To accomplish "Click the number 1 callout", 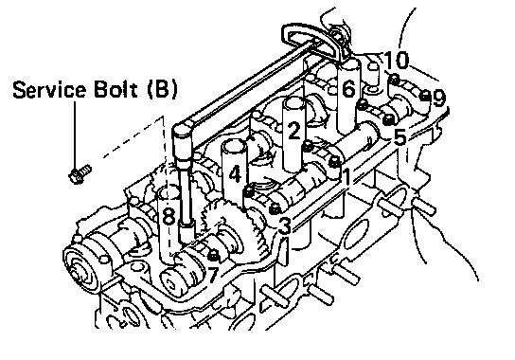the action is (x=346, y=176).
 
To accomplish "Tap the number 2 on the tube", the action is (x=294, y=130).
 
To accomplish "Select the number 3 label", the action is (x=284, y=225).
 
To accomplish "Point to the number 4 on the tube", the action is (x=235, y=174).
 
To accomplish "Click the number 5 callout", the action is (x=400, y=136).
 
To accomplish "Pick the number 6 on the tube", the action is (x=348, y=88).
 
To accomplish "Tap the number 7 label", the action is (x=213, y=274).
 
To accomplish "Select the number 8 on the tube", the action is (x=169, y=216).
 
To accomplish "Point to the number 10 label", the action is (x=397, y=60).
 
